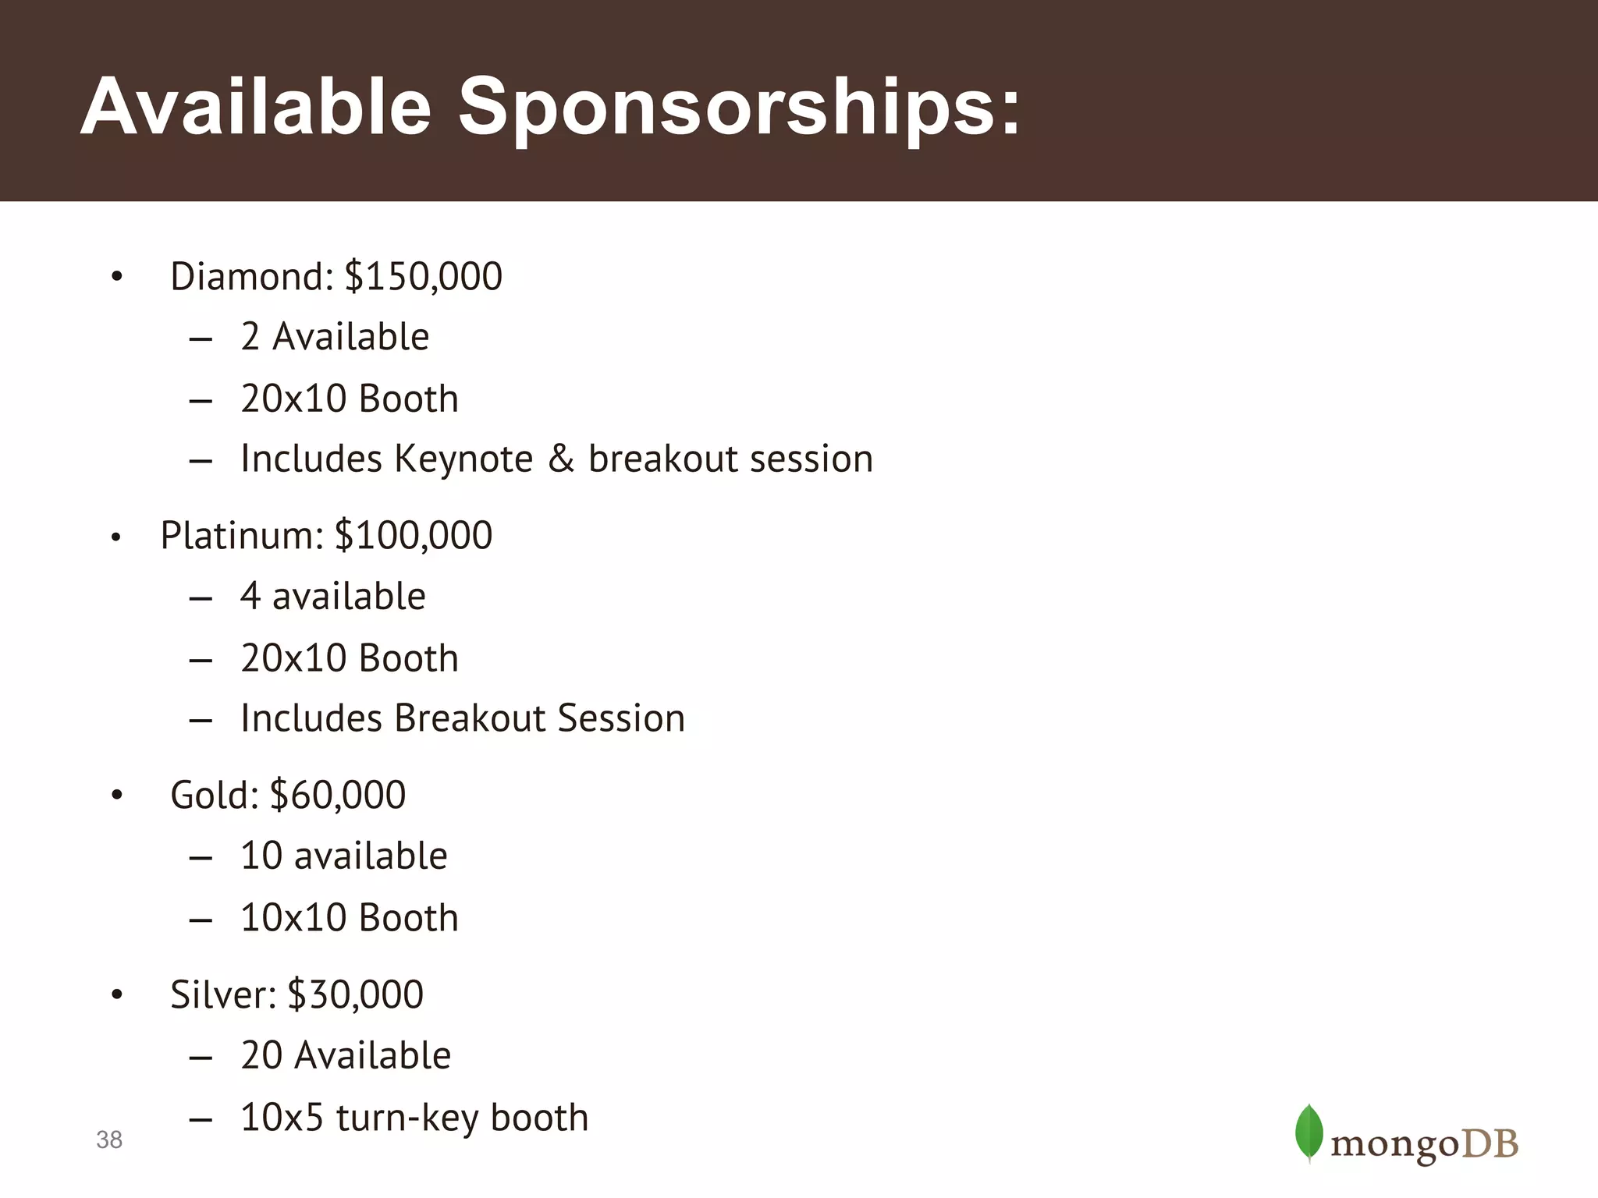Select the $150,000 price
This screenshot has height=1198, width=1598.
point(424,277)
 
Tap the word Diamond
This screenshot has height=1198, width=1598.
point(251,277)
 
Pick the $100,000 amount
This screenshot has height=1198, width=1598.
point(414,536)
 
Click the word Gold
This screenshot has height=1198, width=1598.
point(214,796)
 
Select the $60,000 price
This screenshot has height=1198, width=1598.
point(337,796)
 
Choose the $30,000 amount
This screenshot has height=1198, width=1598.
point(355,995)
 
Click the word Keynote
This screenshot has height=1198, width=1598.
point(463,459)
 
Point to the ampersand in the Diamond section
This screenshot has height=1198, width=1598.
point(561,459)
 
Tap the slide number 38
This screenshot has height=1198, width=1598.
point(109,1140)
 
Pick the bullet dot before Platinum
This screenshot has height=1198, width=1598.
point(115,537)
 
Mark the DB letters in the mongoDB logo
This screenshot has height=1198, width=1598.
point(1490,1144)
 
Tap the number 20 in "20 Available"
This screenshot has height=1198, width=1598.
point(261,1056)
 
